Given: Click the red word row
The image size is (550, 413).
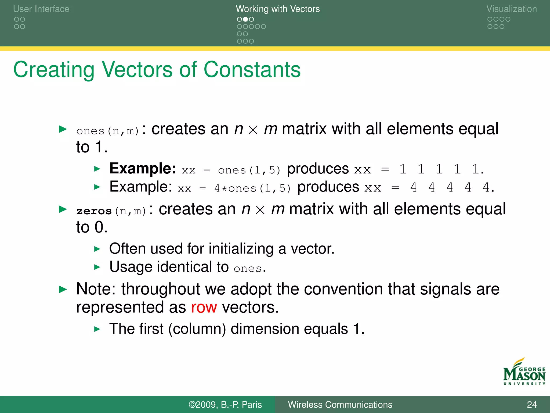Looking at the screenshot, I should (x=204, y=307).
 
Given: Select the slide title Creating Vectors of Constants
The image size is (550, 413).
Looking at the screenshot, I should (x=157, y=70).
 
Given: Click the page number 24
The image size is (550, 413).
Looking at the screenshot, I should (x=531, y=404).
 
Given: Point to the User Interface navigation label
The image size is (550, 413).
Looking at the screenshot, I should (x=41, y=9).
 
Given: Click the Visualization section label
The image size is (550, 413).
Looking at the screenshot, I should (x=511, y=9).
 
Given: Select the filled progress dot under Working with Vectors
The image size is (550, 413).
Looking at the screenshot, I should (x=245, y=19).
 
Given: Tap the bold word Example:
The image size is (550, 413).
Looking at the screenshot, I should (x=143, y=169).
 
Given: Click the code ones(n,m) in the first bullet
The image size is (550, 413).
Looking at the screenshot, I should (x=108, y=131).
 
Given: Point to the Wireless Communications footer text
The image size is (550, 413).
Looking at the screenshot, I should (x=340, y=404).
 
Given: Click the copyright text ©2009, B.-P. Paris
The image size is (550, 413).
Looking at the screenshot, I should (x=225, y=404).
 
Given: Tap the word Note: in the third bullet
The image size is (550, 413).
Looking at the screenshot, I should (x=96, y=289).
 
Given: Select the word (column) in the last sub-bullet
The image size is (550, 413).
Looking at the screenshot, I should (x=197, y=329).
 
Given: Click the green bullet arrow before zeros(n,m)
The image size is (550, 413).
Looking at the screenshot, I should (x=63, y=209).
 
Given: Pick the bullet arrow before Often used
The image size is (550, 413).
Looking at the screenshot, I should (x=97, y=249).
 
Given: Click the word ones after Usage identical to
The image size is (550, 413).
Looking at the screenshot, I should (x=247, y=268).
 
